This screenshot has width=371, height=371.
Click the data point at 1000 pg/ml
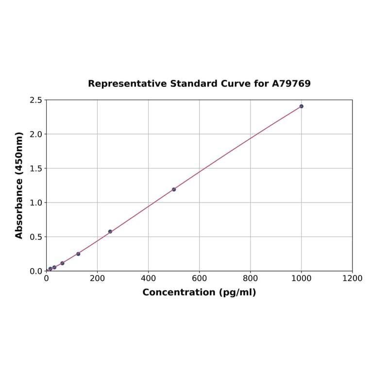tap(301, 106)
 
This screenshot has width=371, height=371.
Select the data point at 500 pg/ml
tap(174, 189)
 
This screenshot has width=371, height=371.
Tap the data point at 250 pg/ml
tap(110, 232)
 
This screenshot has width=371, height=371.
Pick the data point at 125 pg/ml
tap(78, 254)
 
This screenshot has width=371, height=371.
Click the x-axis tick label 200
tap(97, 278)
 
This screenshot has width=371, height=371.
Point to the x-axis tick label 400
tap(148, 278)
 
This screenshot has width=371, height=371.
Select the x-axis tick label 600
tap(199, 278)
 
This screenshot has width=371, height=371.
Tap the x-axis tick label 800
tap(250, 278)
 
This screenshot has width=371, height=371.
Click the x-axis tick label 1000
tap(301, 278)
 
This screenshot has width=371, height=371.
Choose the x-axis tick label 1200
tap(352, 278)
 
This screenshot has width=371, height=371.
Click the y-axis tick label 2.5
tap(36, 100)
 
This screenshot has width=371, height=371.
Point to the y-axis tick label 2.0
tap(36, 134)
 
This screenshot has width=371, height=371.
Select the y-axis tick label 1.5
tap(36, 169)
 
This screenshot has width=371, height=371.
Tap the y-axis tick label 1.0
tap(36, 202)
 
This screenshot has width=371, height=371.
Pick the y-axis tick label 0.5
tap(36, 237)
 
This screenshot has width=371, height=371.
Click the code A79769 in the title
tap(291, 84)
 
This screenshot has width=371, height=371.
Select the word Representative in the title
tap(127, 84)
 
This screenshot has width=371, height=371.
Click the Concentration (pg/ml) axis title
tap(199, 292)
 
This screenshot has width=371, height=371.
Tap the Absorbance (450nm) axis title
tap(19, 185)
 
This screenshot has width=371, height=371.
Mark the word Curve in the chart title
tap(235, 84)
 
